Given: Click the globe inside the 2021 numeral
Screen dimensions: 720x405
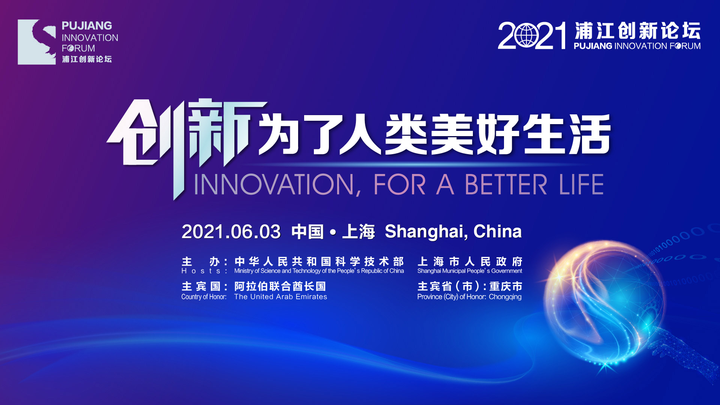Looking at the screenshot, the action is pyautogui.click(x=527, y=35).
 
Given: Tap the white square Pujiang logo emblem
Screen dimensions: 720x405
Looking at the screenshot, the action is pyautogui.click(x=37, y=42).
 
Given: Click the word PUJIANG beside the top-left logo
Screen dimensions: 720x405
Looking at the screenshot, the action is pyautogui.click(x=87, y=25).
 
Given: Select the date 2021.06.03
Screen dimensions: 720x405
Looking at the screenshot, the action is pyautogui.click(x=231, y=232).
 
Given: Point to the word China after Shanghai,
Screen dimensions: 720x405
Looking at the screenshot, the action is pyautogui.click(x=498, y=231).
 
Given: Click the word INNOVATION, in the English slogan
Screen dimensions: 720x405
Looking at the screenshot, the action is pyautogui.click(x=277, y=185).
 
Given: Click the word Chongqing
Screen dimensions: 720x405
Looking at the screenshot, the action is pyautogui.click(x=505, y=297).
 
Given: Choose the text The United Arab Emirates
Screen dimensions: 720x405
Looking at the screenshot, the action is pyautogui.click(x=280, y=297).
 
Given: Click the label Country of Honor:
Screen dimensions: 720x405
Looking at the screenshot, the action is pyautogui.click(x=204, y=297).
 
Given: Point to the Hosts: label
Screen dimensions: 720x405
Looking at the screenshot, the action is pyautogui.click(x=204, y=271).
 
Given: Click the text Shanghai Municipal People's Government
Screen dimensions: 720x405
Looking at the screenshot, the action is pyautogui.click(x=469, y=271).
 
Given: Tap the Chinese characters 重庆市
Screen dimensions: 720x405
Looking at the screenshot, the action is pyautogui.click(x=505, y=286).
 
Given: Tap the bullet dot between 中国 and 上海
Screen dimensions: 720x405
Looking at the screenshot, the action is pyautogui.click(x=333, y=232).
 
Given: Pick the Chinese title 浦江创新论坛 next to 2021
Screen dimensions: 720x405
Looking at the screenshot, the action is pyautogui.click(x=637, y=31).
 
